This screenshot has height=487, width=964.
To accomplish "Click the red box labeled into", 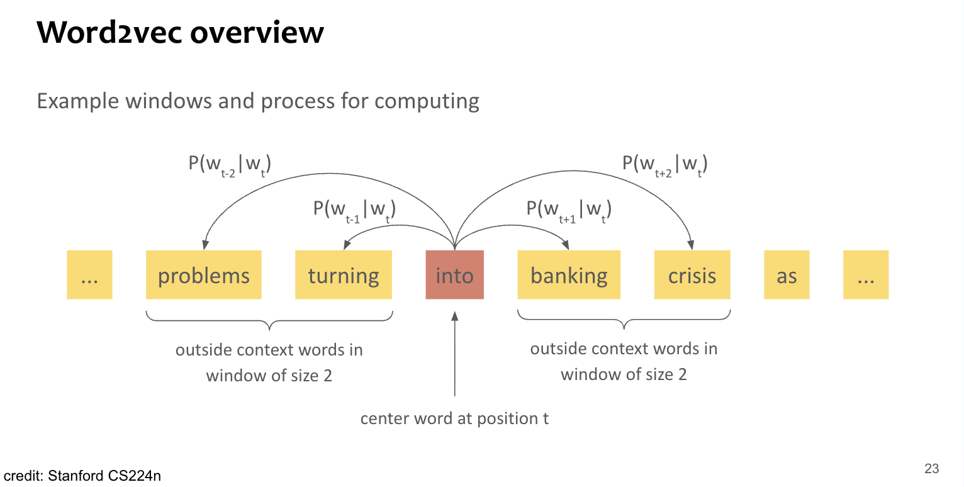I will (454, 275).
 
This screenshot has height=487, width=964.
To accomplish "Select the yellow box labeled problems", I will (203, 275).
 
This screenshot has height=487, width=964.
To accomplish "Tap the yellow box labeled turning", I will (344, 275).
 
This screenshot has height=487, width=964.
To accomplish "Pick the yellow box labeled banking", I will (569, 275).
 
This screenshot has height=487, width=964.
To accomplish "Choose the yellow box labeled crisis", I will (692, 275).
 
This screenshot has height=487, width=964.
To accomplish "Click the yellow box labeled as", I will (787, 275).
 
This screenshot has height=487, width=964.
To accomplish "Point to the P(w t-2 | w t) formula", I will (230, 165).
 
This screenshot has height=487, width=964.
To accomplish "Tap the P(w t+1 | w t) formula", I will (569, 210).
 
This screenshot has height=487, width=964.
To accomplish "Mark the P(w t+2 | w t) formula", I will (665, 165).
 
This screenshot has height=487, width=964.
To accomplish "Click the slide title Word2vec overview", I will (180, 33).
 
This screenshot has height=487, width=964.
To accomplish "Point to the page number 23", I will (931, 469).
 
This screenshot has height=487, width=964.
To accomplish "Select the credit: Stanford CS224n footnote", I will (82, 476).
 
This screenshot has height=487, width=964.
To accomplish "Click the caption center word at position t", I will (454, 418).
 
